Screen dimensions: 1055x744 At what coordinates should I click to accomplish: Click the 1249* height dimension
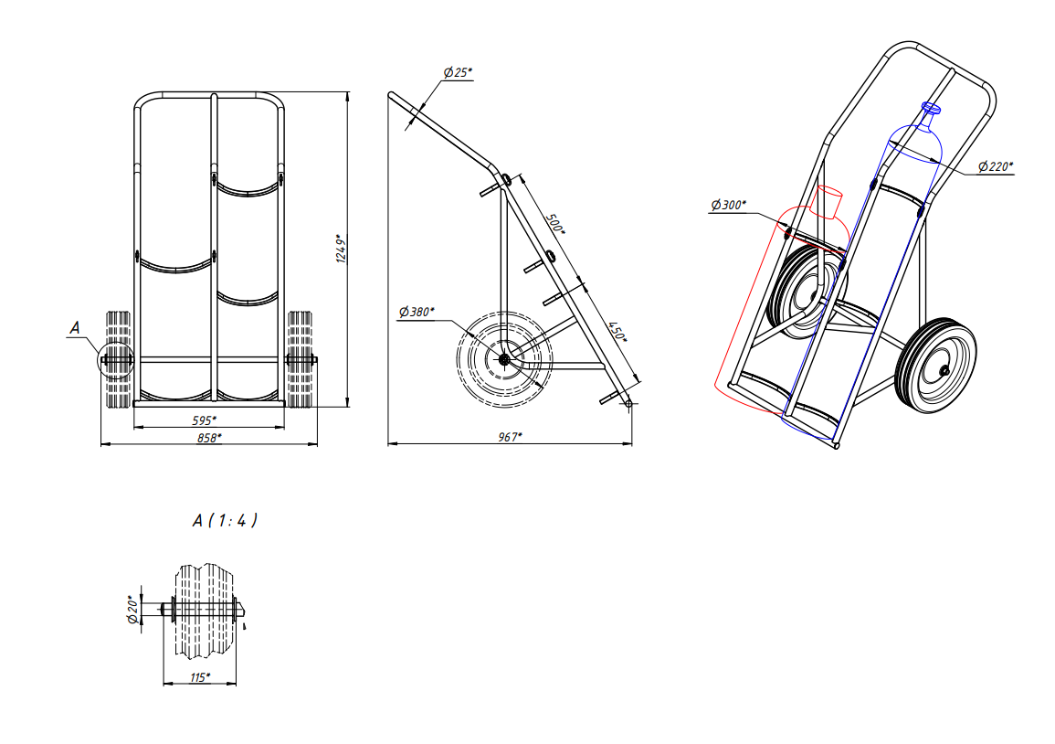(342, 250)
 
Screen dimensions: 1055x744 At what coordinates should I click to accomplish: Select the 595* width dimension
(205, 420)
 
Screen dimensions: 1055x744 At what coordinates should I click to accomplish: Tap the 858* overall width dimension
(209, 438)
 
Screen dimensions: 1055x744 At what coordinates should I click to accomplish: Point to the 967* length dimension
(510, 437)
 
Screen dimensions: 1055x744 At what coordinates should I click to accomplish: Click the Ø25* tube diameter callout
(458, 72)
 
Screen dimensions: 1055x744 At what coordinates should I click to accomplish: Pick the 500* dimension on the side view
(555, 224)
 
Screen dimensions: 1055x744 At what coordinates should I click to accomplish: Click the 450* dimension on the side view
(617, 332)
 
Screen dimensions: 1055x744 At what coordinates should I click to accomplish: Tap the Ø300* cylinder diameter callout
(729, 205)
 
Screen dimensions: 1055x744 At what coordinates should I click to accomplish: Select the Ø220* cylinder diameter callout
(996, 165)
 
